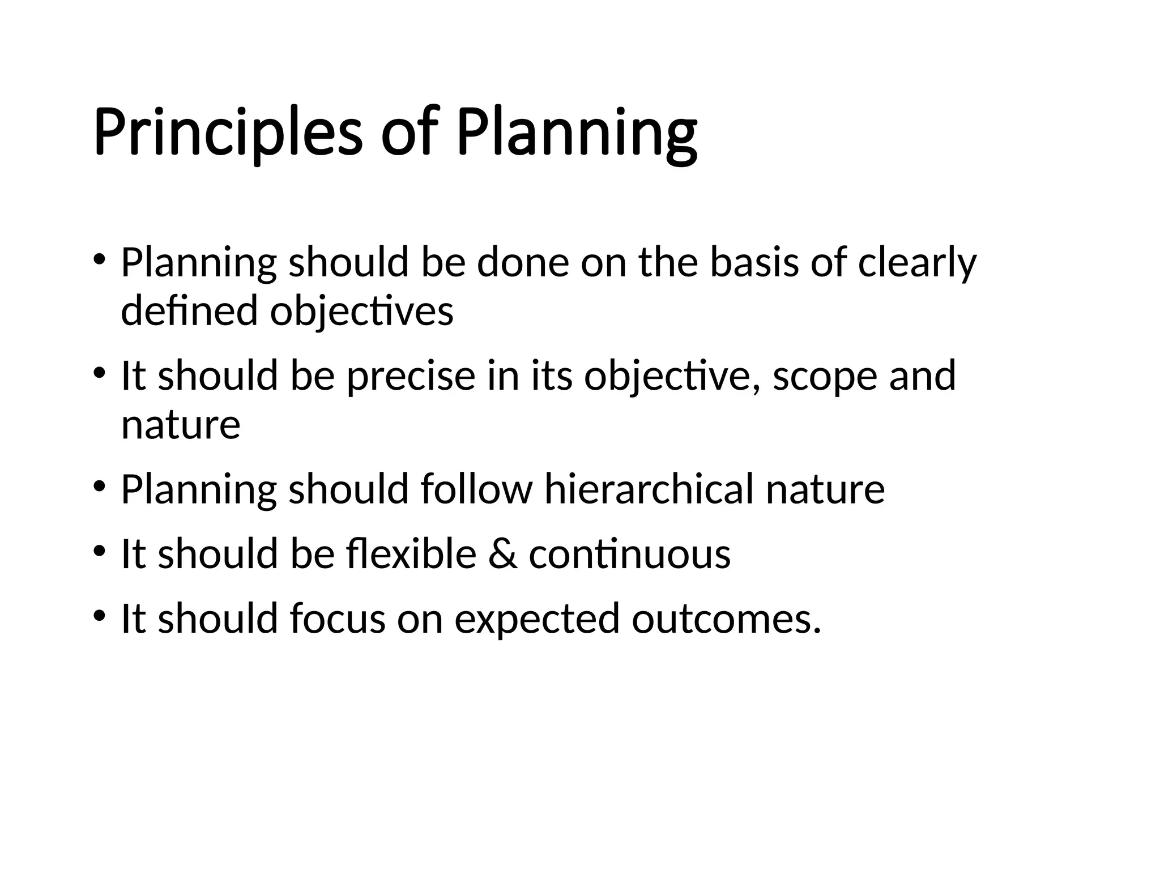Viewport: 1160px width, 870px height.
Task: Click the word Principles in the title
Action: pyautogui.click(x=227, y=134)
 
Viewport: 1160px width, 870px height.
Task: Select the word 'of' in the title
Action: pyautogui.click(x=410, y=134)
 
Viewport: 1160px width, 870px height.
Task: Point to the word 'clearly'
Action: pyautogui.click(x=917, y=263)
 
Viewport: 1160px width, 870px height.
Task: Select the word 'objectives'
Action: pyautogui.click(x=361, y=312)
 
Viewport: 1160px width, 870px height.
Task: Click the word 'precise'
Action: pyautogui.click(x=411, y=376)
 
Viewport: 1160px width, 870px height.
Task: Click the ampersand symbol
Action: pyautogui.click(x=502, y=553)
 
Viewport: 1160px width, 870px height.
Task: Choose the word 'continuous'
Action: pyautogui.click(x=629, y=553)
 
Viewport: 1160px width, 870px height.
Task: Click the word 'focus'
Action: pyautogui.click(x=338, y=618)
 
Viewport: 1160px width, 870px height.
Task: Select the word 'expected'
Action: pyautogui.click(x=537, y=619)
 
